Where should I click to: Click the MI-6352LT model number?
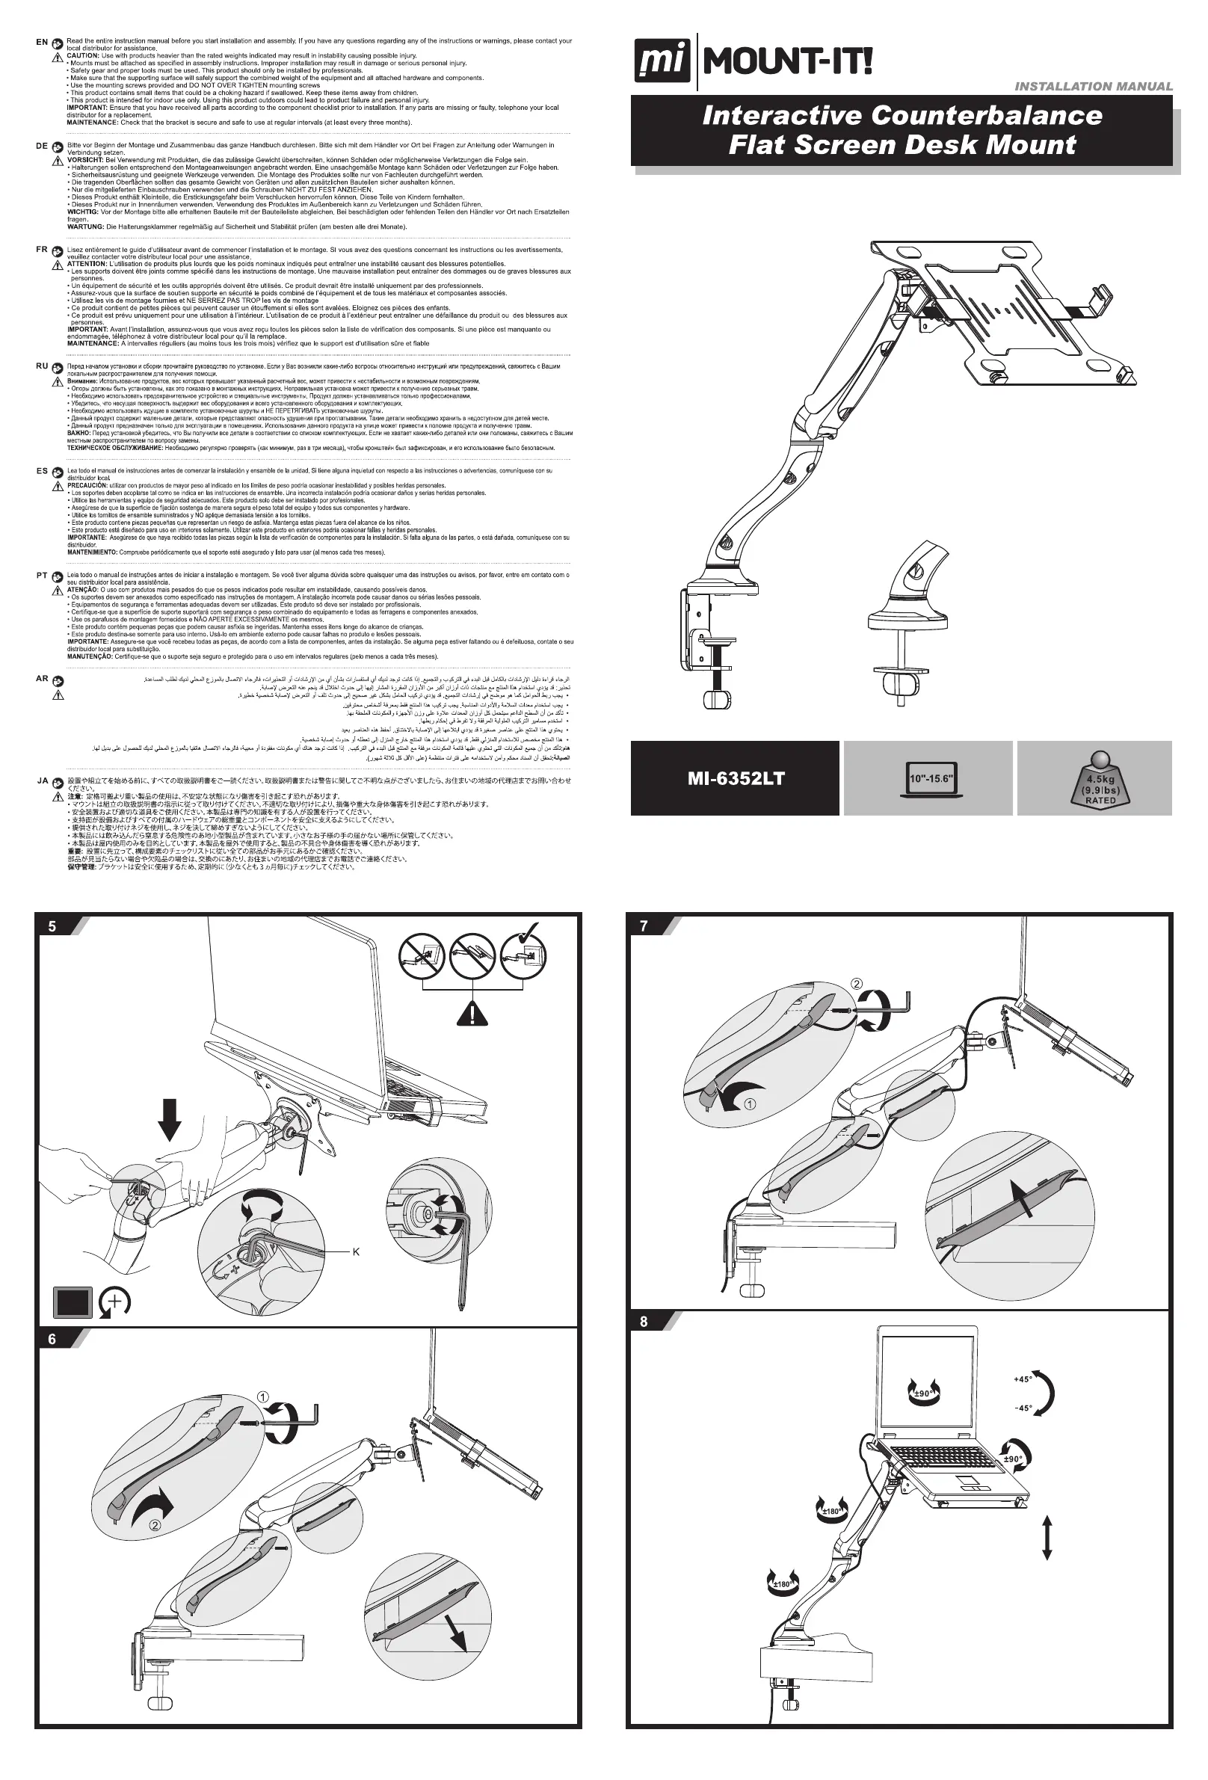[x=736, y=779]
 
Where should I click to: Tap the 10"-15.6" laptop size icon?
[x=931, y=779]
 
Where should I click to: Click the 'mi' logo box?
[x=660, y=62]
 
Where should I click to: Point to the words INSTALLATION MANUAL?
[x=1093, y=87]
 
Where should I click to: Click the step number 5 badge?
[x=52, y=926]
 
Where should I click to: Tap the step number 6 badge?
[x=52, y=1340]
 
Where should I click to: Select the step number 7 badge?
[x=644, y=926]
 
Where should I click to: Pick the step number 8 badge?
[x=644, y=1321]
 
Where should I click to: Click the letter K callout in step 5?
[x=356, y=1252]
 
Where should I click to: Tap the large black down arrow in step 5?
[x=169, y=1120]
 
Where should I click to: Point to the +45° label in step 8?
[x=1023, y=1379]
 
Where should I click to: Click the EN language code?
[x=42, y=42]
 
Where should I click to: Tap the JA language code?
[x=43, y=781]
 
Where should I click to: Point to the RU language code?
[x=42, y=366]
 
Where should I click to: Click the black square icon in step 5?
[x=73, y=1302]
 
